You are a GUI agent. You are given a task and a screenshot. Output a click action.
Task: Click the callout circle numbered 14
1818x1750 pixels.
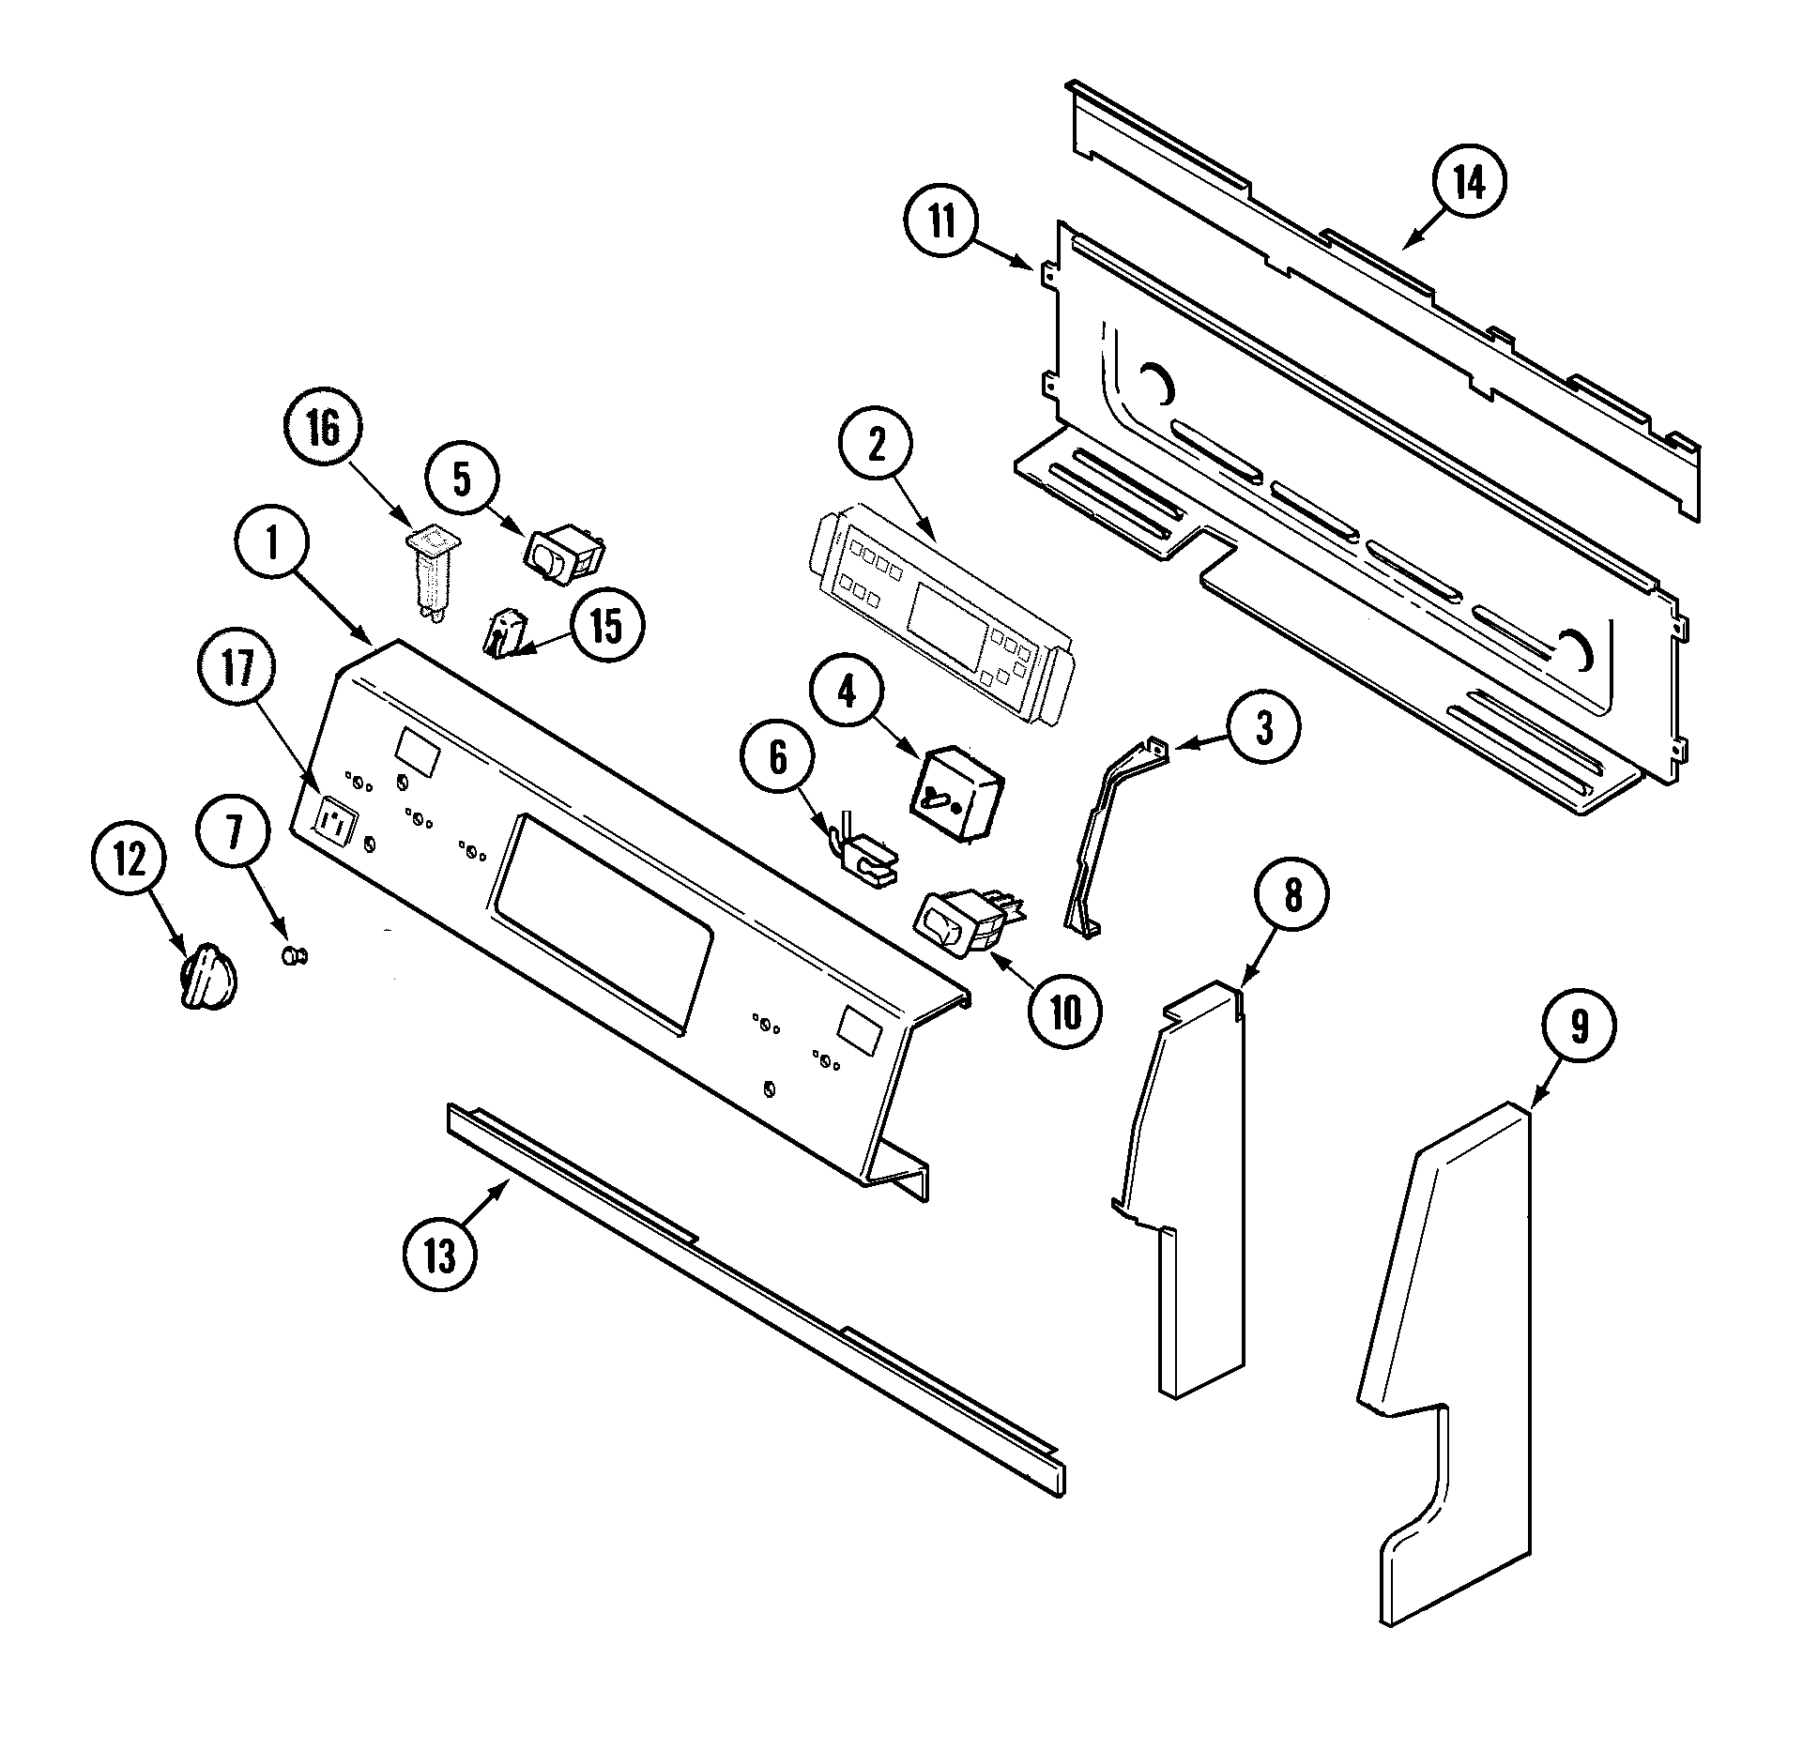tap(1470, 185)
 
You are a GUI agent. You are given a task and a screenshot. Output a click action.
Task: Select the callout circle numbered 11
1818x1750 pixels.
tap(941, 224)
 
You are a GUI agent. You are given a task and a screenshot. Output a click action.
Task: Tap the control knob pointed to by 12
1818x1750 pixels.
tap(207, 978)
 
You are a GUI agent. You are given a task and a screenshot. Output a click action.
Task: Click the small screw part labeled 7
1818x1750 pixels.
tap(294, 955)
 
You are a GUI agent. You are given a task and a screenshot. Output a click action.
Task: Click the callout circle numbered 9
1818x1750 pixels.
tap(1579, 1027)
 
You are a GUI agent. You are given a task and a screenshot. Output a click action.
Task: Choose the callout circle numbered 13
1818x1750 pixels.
tap(439, 1255)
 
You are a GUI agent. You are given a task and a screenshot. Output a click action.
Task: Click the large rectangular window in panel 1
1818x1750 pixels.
tap(601, 925)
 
